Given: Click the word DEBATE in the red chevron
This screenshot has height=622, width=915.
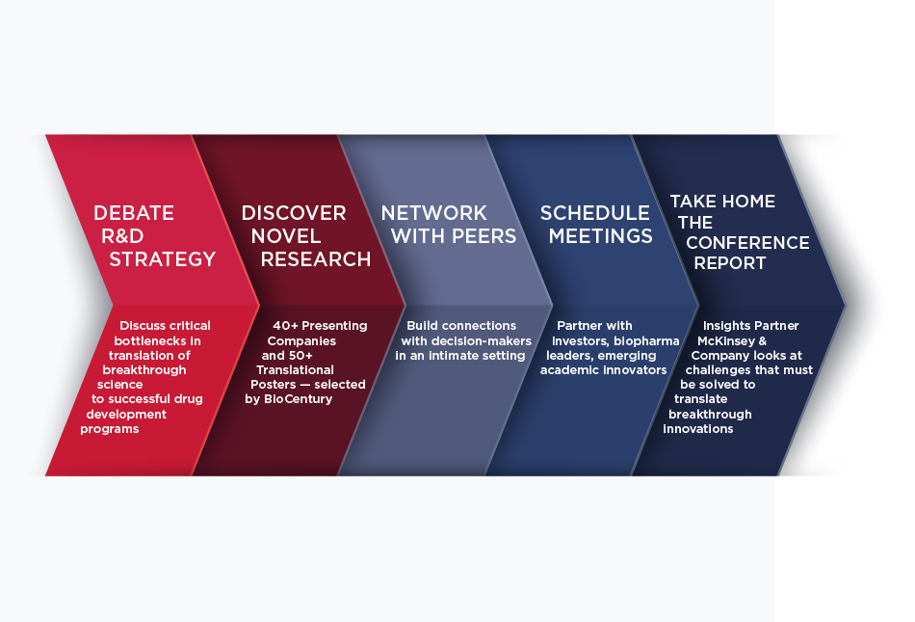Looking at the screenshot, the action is point(134,213).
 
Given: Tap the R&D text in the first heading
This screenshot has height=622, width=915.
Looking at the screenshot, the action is point(122,236).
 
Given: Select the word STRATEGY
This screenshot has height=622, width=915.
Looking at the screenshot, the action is point(162,259).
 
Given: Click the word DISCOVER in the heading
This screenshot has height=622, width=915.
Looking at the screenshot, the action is point(294,213).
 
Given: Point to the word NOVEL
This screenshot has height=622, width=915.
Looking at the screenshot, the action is point(286,236).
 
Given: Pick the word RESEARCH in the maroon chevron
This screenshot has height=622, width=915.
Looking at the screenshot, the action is point(316,259).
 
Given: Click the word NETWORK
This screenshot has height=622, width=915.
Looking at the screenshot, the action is point(433,213).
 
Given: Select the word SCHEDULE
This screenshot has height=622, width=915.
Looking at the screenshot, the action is point(594,213).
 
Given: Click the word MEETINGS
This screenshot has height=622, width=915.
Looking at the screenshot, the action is point(600,236).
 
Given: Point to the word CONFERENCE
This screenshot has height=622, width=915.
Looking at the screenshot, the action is point(747,243).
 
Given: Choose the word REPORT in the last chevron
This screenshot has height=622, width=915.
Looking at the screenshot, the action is point(729,263).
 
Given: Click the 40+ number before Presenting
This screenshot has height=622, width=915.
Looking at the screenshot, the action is point(285,326).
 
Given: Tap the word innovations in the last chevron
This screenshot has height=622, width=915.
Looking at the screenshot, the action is point(698,429).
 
